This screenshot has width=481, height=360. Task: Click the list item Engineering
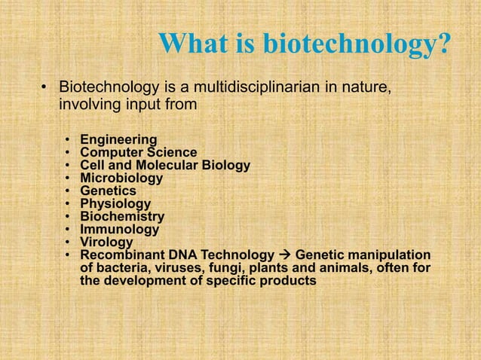tap(118, 139)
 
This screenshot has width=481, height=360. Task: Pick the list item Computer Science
tap(139, 153)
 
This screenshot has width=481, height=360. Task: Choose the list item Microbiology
tap(121, 178)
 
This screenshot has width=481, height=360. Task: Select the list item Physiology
tap(115, 204)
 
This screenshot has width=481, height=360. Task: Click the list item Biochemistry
tap(122, 217)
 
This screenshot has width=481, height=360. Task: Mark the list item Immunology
tap(120, 230)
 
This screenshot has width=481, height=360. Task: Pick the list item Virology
tap(106, 243)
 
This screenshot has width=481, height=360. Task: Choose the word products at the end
tap(290, 281)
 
